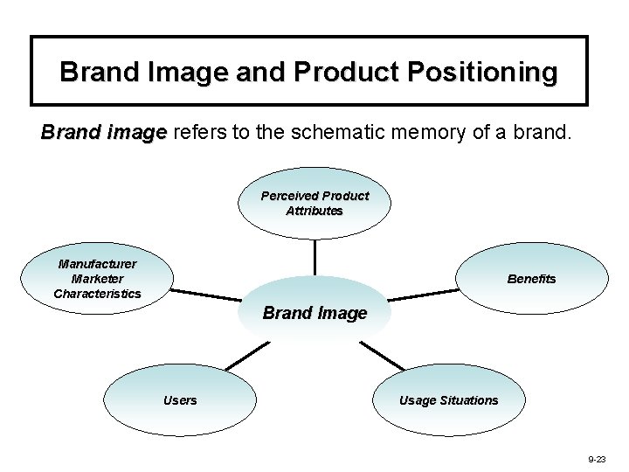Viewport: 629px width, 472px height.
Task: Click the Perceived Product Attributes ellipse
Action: (314, 203)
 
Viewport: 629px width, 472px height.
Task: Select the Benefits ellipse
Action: (531, 278)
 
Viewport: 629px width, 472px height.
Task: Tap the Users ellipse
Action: (180, 400)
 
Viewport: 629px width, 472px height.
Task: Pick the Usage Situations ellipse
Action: (448, 400)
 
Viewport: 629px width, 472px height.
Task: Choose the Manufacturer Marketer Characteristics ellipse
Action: (97, 278)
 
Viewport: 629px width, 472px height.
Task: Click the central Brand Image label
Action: (314, 313)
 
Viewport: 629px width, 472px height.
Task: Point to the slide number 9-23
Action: (597, 458)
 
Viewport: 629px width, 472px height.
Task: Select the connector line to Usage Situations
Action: (382, 355)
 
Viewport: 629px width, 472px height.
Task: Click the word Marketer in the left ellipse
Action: (97, 279)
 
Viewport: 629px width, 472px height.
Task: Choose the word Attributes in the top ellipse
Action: (314, 211)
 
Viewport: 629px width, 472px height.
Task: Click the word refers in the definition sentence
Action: (197, 133)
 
